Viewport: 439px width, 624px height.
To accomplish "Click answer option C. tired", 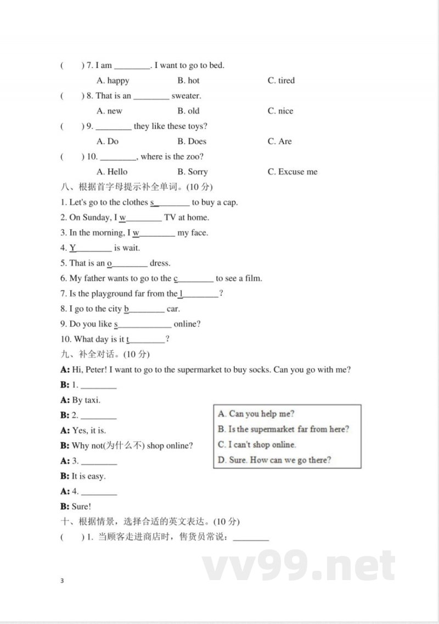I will (281, 81).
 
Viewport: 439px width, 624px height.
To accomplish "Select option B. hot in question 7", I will (188, 81).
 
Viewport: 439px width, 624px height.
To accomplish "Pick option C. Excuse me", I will (292, 172).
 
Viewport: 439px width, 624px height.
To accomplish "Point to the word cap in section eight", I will (230, 203).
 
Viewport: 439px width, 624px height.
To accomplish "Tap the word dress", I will (160, 263).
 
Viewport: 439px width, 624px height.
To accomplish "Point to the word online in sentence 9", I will (187, 324).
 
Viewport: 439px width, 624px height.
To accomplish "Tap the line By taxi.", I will (86, 401).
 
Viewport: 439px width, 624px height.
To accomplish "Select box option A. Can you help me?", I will (256, 414).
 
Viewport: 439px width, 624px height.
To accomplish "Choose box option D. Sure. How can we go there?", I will (274, 460).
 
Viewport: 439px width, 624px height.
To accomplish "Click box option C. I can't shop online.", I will (256, 445).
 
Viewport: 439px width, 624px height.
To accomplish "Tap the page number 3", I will (63, 581).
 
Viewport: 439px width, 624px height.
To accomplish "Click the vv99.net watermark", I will (299, 566).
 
